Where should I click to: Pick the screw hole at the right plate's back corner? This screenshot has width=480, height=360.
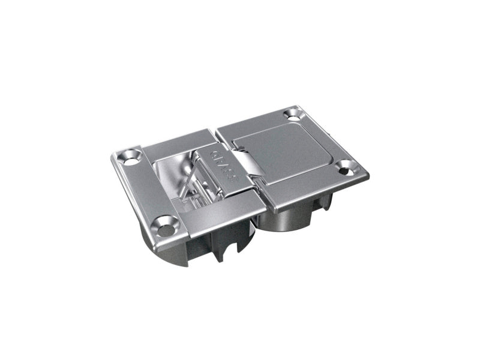(292, 112)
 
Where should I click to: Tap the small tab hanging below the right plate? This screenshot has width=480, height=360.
(321, 206)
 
